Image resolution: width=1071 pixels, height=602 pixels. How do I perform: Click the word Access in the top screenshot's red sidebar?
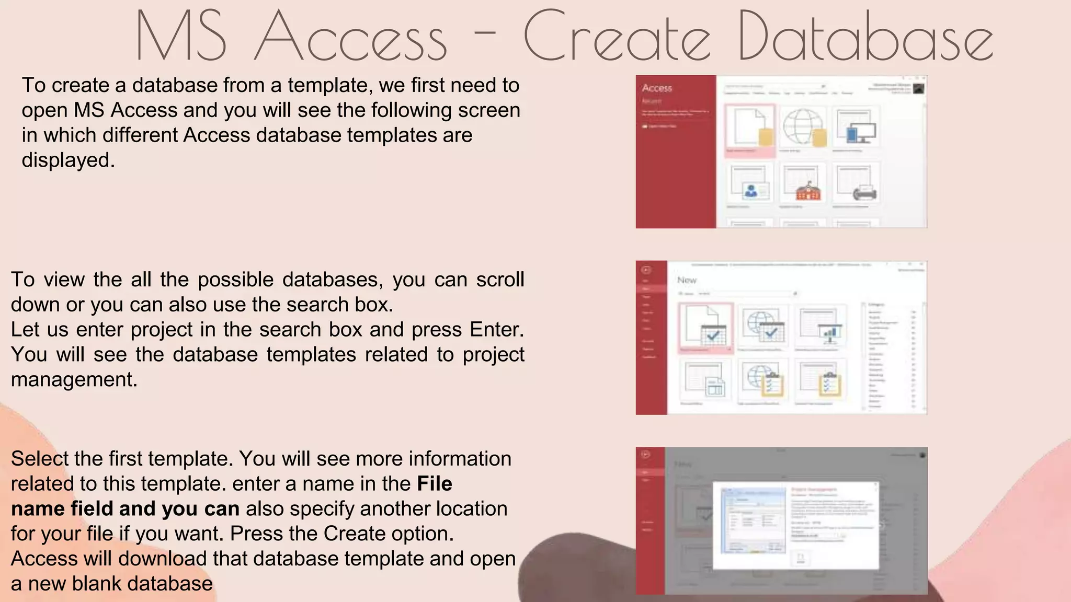pos(657,88)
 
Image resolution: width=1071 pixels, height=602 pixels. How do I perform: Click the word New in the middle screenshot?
pos(687,280)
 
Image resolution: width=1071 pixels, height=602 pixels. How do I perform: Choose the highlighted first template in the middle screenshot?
pos(706,326)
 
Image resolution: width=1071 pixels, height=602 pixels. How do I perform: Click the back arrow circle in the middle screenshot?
pos(646,270)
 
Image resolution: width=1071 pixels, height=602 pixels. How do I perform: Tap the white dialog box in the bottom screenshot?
pos(795,526)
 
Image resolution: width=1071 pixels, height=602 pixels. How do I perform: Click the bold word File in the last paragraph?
pos(434,484)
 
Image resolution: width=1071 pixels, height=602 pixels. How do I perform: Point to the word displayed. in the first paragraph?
pos(68,160)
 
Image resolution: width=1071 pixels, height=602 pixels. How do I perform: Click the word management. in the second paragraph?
pos(74,379)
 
